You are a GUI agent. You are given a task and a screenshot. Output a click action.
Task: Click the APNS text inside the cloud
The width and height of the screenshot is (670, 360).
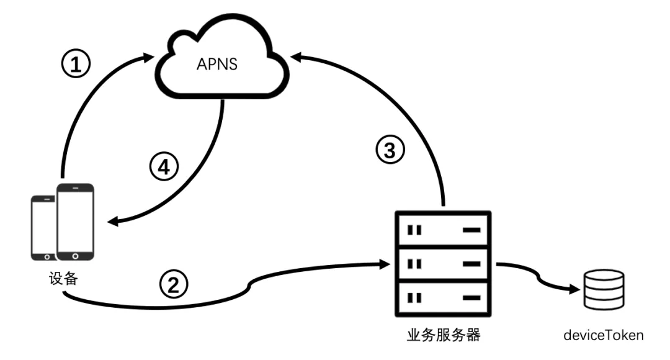click(x=217, y=64)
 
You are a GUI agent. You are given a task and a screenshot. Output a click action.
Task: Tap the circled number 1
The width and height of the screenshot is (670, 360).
click(x=76, y=64)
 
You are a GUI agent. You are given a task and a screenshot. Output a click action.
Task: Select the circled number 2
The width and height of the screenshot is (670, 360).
click(x=174, y=284)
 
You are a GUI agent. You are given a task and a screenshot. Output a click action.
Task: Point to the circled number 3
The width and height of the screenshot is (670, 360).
click(x=390, y=150)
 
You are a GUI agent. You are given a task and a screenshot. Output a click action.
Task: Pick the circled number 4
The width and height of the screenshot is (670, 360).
click(x=164, y=166)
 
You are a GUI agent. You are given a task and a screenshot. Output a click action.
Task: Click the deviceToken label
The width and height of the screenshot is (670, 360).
click(x=604, y=335)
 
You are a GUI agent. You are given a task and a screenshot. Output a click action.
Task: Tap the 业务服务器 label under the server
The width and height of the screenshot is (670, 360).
click(x=444, y=335)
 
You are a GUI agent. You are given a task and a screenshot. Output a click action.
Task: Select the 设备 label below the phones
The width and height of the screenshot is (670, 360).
click(x=63, y=278)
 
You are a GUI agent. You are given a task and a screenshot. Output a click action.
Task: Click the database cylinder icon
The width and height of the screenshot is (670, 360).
click(x=604, y=289)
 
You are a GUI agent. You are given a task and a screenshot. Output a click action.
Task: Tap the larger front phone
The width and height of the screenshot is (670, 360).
click(x=75, y=222)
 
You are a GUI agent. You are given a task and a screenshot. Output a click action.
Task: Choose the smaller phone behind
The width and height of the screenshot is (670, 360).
click(x=43, y=228)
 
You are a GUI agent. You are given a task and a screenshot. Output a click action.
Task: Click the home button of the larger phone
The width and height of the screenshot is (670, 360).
click(x=75, y=256)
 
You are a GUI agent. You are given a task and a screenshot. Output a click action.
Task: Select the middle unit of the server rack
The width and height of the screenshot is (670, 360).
click(x=443, y=264)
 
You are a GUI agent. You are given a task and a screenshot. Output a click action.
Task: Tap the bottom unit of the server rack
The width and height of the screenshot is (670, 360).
click(x=443, y=298)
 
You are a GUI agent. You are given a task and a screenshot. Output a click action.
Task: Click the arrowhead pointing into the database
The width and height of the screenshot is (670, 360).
click(x=575, y=290)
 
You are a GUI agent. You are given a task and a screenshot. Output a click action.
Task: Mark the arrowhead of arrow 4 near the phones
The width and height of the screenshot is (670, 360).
click(x=113, y=221)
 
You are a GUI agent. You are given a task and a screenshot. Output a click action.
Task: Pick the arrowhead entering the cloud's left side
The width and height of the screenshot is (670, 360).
click(x=148, y=57)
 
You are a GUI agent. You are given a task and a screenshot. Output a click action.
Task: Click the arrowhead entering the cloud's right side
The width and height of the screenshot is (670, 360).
click(x=296, y=57)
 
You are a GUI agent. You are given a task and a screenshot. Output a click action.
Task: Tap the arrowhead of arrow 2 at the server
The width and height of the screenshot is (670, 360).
click(x=385, y=264)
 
